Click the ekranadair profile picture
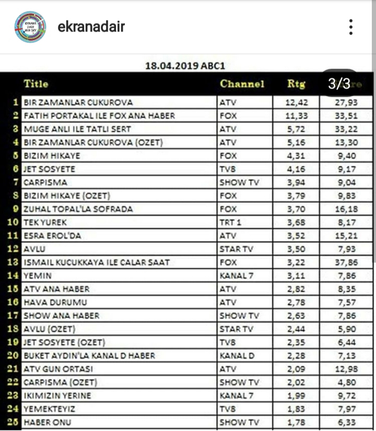[x=30, y=27]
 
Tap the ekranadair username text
[x=91, y=27]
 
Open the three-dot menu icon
[x=351, y=27]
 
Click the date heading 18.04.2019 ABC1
[x=185, y=66]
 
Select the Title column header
[x=36, y=84]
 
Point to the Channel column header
[x=242, y=84]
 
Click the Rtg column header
[x=297, y=84]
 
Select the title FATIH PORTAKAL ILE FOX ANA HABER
[x=99, y=115]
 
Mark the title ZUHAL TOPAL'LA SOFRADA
[x=78, y=209]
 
